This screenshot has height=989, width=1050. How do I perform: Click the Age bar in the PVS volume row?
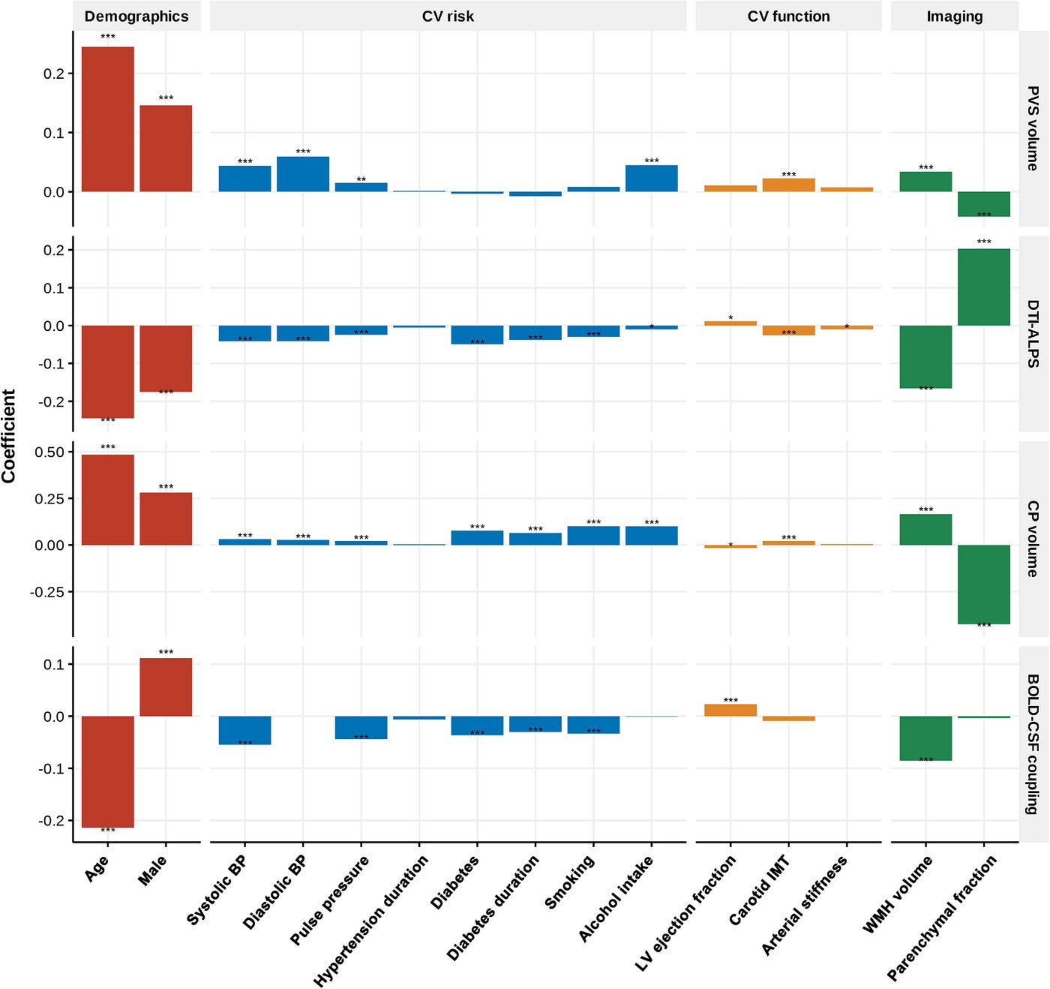108,119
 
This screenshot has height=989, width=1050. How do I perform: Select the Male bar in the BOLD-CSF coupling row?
166,687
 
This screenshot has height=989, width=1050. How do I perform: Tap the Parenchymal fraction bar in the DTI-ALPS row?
984,287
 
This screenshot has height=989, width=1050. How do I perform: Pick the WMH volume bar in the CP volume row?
925,530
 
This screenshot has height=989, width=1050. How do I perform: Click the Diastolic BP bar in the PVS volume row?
303,174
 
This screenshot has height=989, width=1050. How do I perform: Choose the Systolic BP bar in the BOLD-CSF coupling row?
244,730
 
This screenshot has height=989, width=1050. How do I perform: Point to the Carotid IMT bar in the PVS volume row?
788,185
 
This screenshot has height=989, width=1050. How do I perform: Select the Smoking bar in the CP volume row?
593,536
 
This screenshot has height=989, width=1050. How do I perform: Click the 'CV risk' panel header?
448,17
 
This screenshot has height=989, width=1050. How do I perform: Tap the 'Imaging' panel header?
954,17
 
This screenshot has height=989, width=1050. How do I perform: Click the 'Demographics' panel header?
136,17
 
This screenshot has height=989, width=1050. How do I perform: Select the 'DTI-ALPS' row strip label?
1033,333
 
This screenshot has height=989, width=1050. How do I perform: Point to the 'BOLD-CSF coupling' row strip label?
1033,744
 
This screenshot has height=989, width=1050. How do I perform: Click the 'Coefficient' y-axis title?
9,436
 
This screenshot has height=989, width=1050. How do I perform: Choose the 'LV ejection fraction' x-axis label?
685,913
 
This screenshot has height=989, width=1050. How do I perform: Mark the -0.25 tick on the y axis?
47,592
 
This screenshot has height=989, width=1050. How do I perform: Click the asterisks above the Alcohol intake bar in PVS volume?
652,161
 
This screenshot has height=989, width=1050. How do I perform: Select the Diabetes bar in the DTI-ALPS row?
477,335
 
